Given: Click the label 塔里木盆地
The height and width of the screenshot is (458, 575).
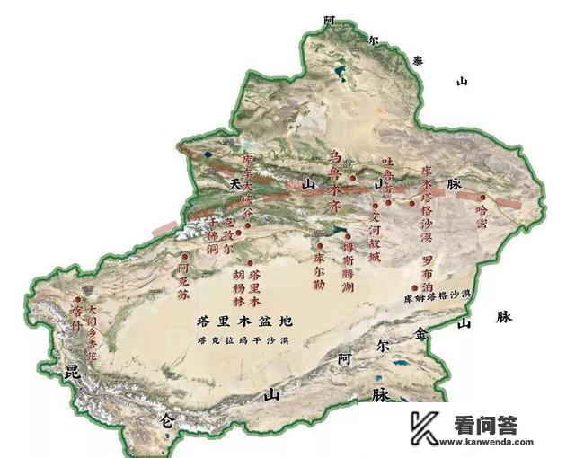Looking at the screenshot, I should (x=249, y=321).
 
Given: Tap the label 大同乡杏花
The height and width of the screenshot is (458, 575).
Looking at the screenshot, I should (x=92, y=331).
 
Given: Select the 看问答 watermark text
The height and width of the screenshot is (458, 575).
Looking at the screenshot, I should (x=485, y=426).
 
